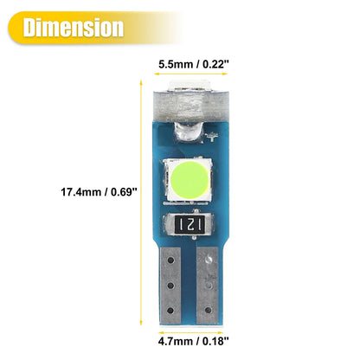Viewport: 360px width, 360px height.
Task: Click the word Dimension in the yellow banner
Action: point(74,28)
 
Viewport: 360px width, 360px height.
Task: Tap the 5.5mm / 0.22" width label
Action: point(191,64)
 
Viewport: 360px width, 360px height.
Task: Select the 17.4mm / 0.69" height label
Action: point(99,192)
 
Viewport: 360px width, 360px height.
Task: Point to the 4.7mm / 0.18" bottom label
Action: point(193,341)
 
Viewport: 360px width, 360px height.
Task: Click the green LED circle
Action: point(190,180)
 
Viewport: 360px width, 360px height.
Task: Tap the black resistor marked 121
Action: point(190,224)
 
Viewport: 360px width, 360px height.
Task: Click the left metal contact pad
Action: point(170,285)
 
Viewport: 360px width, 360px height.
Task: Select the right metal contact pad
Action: point(208,285)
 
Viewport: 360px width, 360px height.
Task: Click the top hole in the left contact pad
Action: point(170,260)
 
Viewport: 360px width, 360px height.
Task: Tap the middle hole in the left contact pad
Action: point(170,286)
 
